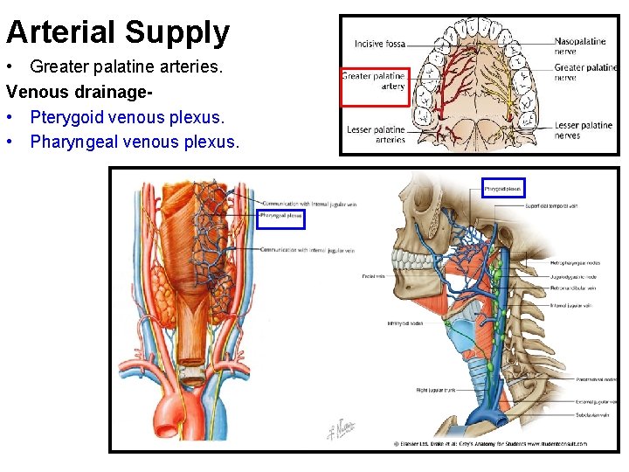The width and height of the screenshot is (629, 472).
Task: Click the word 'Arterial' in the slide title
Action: pyautogui.click(x=60, y=32)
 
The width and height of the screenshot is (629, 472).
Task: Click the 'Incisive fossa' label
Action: pyautogui.click(x=380, y=44)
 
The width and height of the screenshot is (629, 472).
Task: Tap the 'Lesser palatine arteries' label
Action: pyautogui.click(x=377, y=135)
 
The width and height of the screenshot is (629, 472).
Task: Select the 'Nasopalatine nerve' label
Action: pyautogui.click(x=580, y=45)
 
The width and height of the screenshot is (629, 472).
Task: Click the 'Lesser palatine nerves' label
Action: pyautogui.click(x=583, y=130)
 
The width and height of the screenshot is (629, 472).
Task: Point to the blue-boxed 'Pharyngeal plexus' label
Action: pyautogui.click(x=281, y=214)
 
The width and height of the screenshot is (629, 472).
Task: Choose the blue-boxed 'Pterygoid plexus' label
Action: pyautogui.click(x=504, y=188)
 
